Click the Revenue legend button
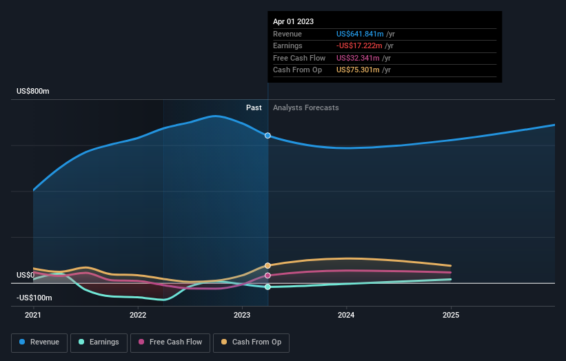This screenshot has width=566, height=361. pos(40,342)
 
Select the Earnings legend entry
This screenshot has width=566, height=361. pos(99,342)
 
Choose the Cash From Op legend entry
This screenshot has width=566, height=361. pos(251,342)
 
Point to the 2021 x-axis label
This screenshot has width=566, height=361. pos(33,316)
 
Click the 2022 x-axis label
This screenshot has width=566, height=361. pos(138,316)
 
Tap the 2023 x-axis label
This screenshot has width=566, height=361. pos(242,316)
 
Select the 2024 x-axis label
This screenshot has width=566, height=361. pos(346,316)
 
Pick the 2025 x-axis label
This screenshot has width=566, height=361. pos(451,316)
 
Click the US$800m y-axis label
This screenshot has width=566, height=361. pos(33,92)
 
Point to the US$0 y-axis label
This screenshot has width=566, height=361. pos(26,275)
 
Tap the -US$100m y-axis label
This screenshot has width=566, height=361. pos(34,298)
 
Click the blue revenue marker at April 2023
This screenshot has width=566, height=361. pos(267,135)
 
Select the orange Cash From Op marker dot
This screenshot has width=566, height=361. pos(267,265)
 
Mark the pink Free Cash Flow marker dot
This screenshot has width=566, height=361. pos(267,276)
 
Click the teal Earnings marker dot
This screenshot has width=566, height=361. pos(267,287)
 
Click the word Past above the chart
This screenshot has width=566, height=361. pos(254,107)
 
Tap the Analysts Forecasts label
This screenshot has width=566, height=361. pos(305,107)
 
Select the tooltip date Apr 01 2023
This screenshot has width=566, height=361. pos(293,21)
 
